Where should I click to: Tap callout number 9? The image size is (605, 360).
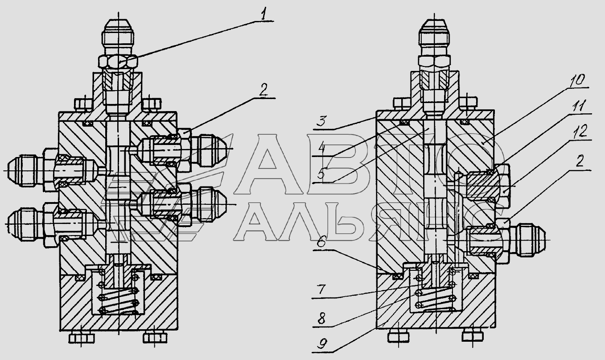point(322,344)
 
